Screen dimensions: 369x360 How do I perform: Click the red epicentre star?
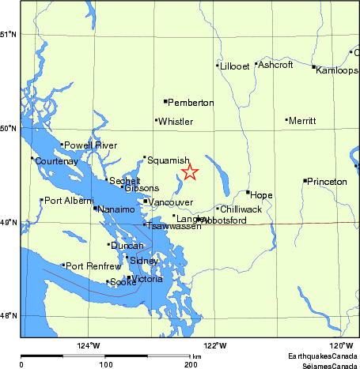coord(189,172)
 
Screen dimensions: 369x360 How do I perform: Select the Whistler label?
coord(176,122)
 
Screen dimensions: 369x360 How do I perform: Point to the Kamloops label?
coord(336,70)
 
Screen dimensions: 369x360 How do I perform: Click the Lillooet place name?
coord(235,66)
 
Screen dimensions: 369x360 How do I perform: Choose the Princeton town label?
coord(327,182)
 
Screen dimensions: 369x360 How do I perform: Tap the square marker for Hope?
coord(248,192)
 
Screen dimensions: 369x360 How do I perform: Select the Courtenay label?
coord(56,161)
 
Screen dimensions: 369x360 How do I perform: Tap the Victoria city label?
coord(148,280)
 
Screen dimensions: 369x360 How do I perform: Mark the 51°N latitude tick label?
coord(9,34)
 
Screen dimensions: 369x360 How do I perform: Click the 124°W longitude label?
coord(89,345)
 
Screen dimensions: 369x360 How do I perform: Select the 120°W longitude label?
coord(340,345)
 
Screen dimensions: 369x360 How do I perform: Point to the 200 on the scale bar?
coord(191,365)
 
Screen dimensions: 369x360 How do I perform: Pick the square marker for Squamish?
coord(145,157)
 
